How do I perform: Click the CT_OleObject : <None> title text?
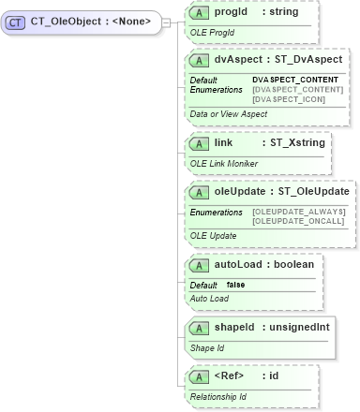pyautogui.click(x=91, y=20)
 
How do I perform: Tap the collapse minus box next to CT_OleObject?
pyautogui.click(x=166, y=20)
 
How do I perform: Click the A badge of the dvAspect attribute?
pyautogui.click(x=199, y=59)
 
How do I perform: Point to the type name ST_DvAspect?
pyautogui.click(x=307, y=59)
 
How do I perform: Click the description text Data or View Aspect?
pyautogui.click(x=228, y=113)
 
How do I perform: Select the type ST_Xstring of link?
pyautogui.click(x=293, y=143)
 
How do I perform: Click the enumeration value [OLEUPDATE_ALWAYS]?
pyautogui.click(x=299, y=212)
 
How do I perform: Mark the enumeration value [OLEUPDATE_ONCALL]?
pyautogui.click(x=299, y=221)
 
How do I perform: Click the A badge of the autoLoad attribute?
pyautogui.click(x=199, y=264)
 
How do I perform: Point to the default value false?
pyautogui.click(x=235, y=285)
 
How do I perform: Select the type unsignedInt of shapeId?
pyautogui.click(x=297, y=327)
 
